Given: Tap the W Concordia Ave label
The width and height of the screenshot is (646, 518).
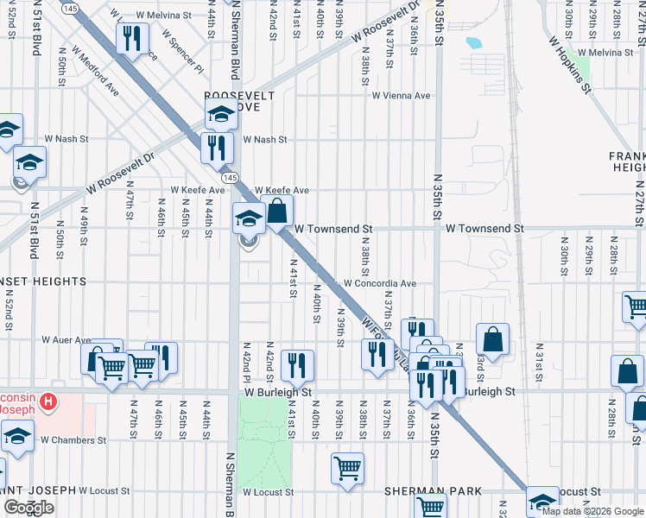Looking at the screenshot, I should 380,283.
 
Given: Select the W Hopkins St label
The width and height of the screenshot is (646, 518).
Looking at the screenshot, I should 570,63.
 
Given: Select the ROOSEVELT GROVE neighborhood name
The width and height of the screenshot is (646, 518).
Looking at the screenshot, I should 238,100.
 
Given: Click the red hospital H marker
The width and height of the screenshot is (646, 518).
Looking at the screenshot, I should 48,401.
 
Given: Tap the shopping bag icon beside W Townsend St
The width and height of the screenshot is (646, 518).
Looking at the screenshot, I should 277,212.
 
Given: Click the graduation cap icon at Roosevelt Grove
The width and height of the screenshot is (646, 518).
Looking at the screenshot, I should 221,113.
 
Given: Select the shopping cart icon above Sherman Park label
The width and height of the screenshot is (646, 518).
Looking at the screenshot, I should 347,469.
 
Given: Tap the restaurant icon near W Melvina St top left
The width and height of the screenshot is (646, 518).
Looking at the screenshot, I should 132,38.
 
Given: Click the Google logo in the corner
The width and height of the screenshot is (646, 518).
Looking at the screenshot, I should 28,507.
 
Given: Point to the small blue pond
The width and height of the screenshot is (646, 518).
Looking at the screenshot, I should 473,41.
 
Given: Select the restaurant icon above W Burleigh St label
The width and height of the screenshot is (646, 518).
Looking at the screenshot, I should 297,365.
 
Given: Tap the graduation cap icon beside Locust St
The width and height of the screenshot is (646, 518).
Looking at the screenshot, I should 541,502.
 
